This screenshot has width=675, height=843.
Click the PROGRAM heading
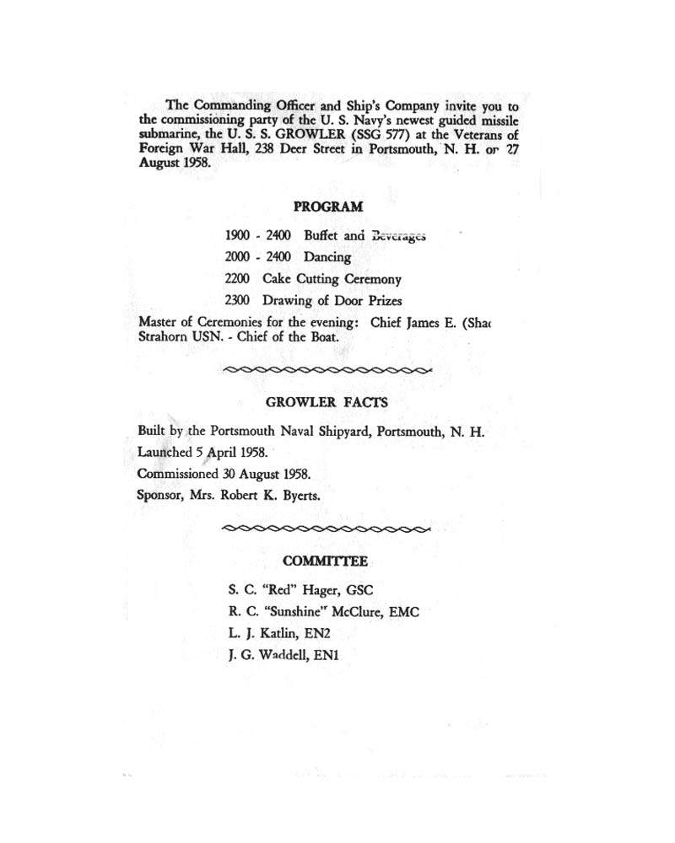pyautogui.click(x=328, y=206)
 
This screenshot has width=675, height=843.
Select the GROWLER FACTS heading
pyautogui.click(x=327, y=403)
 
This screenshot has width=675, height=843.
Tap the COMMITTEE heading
pyautogui.click(x=326, y=561)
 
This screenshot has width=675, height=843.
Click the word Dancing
pyautogui.click(x=327, y=258)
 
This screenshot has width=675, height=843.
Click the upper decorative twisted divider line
pyautogui.click(x=326, y=369)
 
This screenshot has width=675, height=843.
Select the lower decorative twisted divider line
pyautogui.click(x=326, y=529)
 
